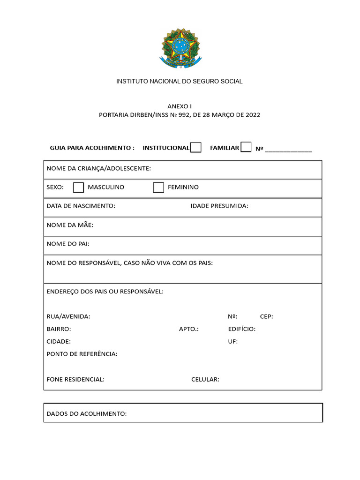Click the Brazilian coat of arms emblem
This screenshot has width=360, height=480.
(180, 47)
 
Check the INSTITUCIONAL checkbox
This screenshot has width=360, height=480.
(196, 148)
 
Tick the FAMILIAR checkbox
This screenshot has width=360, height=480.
(246, 147)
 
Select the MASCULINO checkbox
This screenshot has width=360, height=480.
(78, 187)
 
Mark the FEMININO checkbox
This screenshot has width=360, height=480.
(158, 187)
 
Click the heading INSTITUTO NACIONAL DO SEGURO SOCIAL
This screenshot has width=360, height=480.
(180, 82)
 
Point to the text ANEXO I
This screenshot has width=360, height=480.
(180, 106)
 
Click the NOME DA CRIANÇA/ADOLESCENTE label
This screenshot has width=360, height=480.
(98, 168)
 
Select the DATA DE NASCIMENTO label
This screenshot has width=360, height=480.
(81, 206)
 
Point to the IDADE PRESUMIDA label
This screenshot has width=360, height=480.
(219, 206)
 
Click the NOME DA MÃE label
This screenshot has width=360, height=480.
(70, 225)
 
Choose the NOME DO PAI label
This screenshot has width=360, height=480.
(68, 244)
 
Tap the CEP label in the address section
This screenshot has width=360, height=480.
(266, 316)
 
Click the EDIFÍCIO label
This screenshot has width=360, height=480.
(242, 329)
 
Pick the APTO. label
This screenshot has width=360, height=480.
(188, 329)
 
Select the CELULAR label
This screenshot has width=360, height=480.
(205, 380)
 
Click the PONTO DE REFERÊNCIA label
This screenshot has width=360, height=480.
(82, 354)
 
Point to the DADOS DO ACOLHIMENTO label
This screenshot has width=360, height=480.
(87, 414)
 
